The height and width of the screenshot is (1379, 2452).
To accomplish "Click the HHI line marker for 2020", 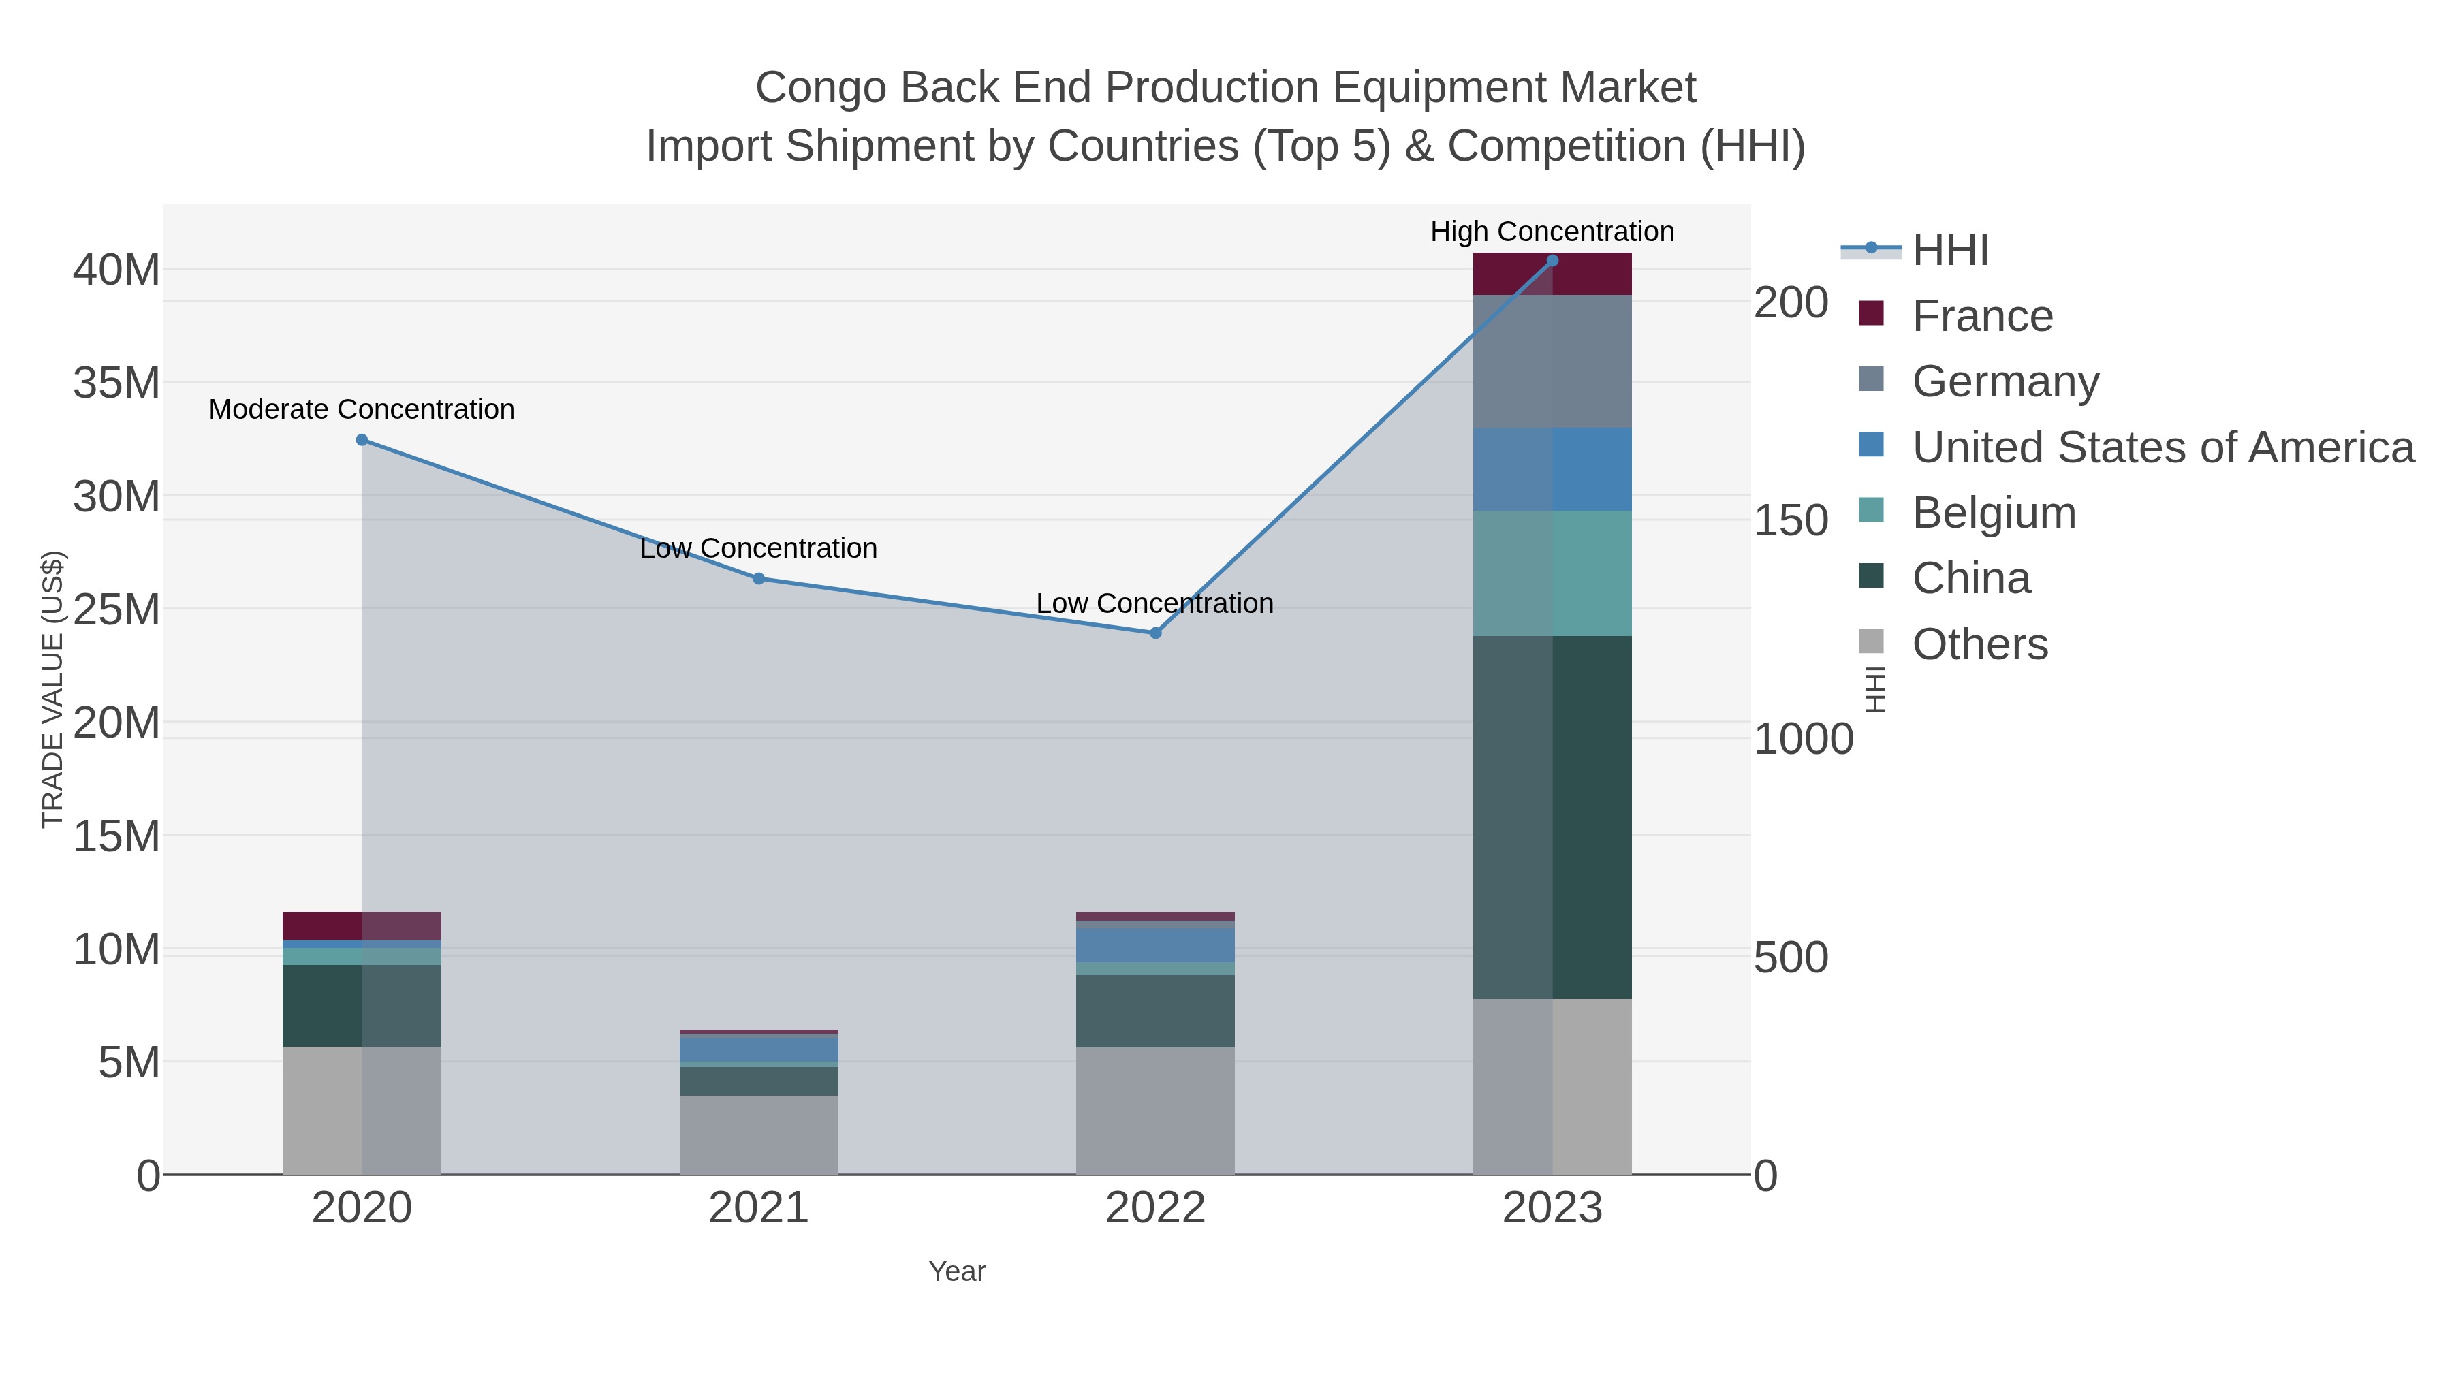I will pyautogui.click(x=362, y=440).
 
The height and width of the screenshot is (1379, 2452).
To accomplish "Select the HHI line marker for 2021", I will pyautogui.click(x=759, y=579).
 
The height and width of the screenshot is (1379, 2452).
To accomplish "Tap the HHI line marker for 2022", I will pyautogui.click(x=1156, y=633).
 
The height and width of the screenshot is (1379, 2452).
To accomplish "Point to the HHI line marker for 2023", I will pyautogui.click(x=1552, y=261).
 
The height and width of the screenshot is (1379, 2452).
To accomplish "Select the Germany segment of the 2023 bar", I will pyautogui.click(x=1552, y=361).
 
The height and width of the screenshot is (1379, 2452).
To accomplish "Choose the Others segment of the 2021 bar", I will pyautogui.click(x=759, y=1135).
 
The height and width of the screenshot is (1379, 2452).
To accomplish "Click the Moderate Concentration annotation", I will pyautogui.click(x=362, y=409).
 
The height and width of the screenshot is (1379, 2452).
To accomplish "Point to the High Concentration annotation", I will pyautogui.click(x=1552, y=232).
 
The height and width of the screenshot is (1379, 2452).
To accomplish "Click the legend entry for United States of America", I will pyautogui.click(x=2163, y=447).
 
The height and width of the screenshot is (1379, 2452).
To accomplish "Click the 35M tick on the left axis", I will pyautogui.click(x=116, y=383).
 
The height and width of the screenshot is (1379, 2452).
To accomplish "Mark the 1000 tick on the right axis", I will pyautogui.click(x=1803, y=740).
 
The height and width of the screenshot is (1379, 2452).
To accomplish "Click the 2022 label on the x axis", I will pyautogui.click(x=1156, y=1209).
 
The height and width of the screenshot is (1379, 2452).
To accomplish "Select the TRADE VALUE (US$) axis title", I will pyautogui.click(x=53, y=689).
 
